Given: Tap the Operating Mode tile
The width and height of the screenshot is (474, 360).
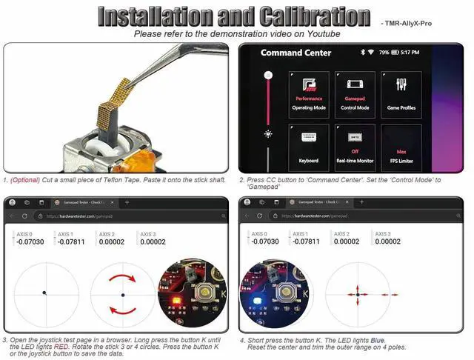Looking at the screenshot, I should pos(310,92).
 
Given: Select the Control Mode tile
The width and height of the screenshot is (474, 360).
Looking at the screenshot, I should pos(353,92).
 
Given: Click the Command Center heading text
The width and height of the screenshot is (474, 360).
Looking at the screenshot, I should pos(291,53).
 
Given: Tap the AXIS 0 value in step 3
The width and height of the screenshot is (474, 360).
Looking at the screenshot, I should pos(30,241).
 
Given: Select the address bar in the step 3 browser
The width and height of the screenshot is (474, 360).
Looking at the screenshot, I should pos(111,216).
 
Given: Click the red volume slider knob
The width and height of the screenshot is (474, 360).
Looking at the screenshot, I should pos(268,75).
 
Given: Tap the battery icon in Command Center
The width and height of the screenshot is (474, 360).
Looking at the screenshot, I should pos(395,53).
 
